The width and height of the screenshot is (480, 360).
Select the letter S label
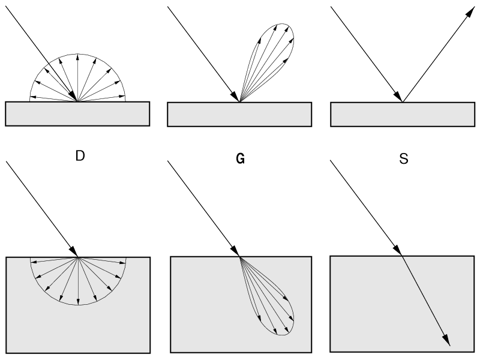pos(403,160)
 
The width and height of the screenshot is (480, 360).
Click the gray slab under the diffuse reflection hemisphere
pos(77,114)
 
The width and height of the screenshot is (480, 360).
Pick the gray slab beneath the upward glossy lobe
pos(239,114)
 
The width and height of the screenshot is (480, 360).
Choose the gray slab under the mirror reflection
pos(402,114)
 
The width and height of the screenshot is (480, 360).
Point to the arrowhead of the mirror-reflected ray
pos(466,13)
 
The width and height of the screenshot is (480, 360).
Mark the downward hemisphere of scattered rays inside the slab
pos(78,282)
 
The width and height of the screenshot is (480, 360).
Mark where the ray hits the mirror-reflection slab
pos(402,101)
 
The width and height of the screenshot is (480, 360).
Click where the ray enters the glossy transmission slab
pos(239,257)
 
